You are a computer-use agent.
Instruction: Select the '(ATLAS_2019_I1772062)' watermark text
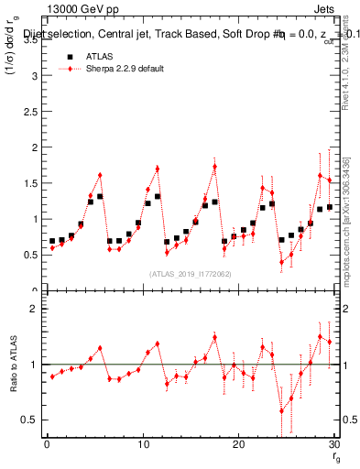click(x=190, y=273)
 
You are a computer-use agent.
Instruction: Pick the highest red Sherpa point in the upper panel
click(x=214, y=167)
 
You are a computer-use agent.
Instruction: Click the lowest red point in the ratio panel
click(x=281, y=410)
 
